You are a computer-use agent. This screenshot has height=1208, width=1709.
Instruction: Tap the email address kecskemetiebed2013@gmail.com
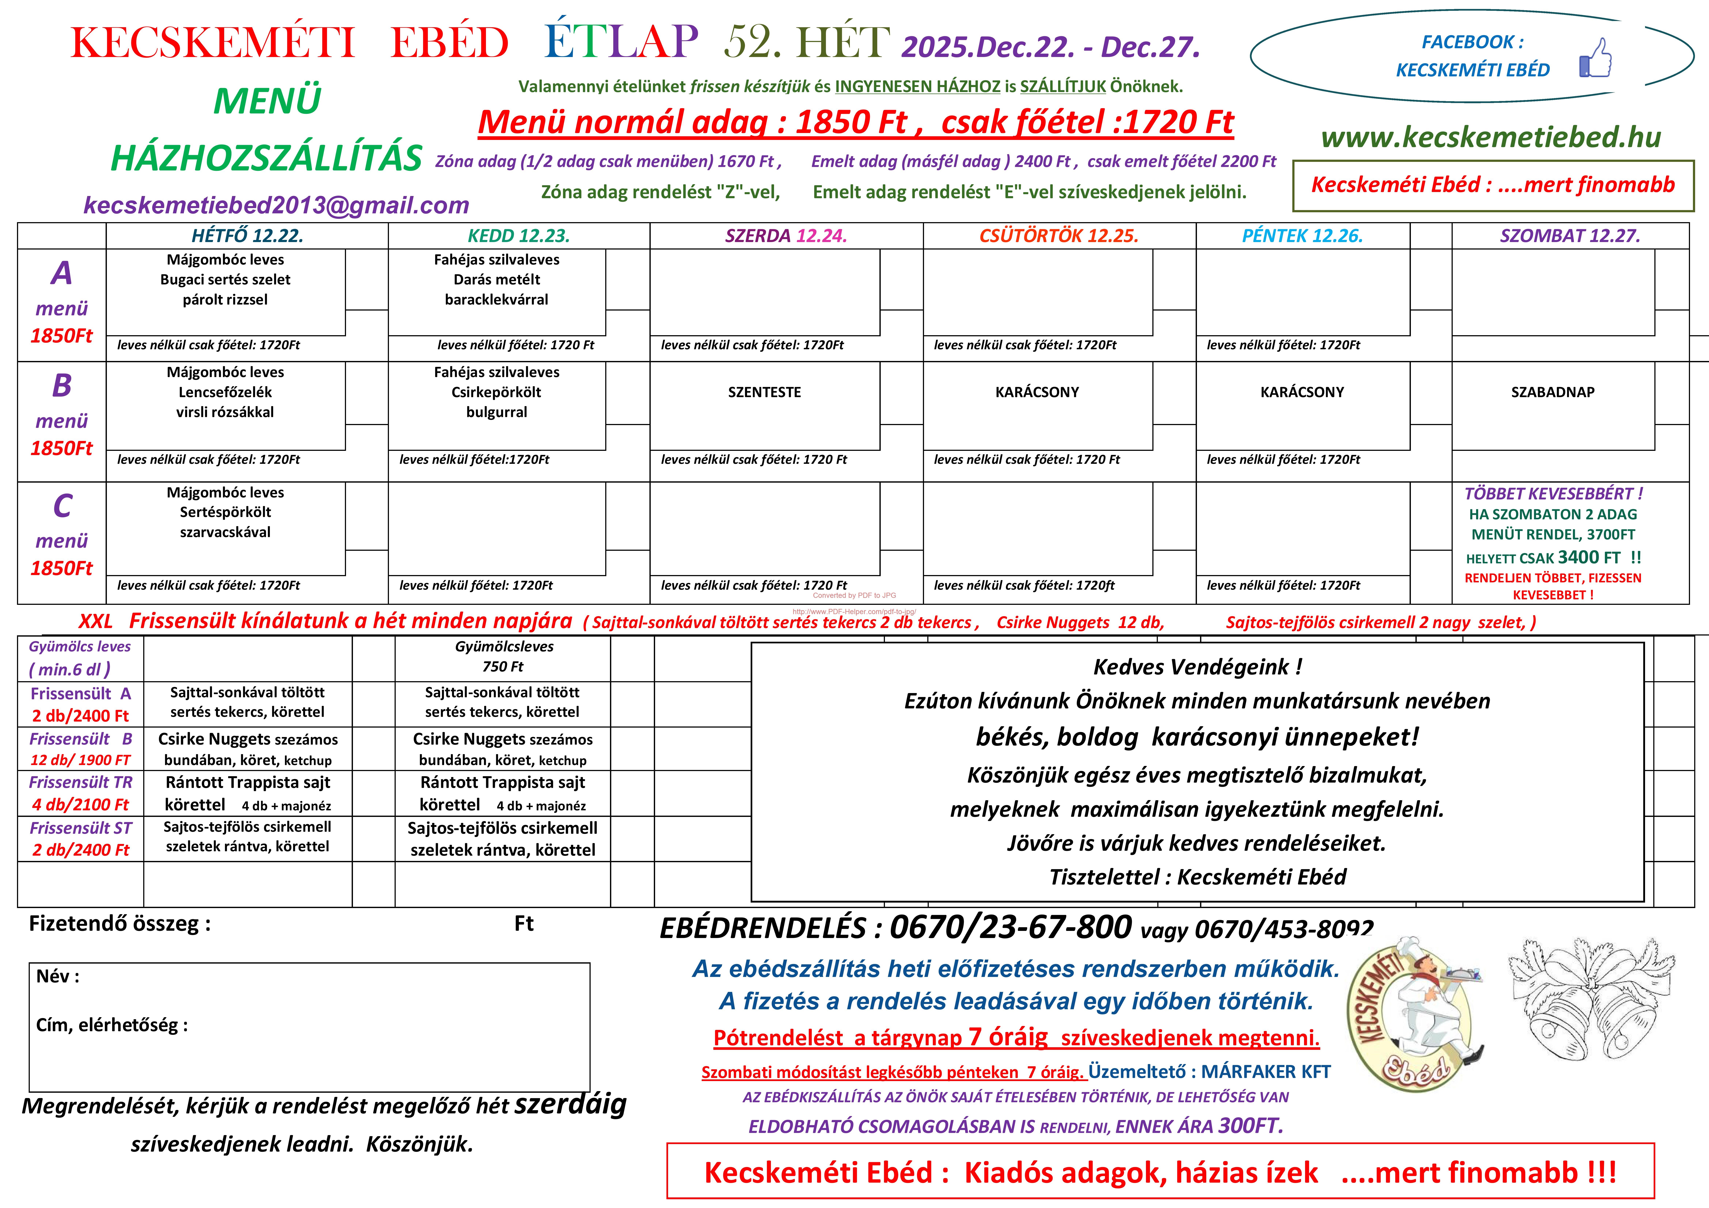(x=276, y=206)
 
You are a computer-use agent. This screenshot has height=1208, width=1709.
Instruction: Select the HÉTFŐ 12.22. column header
(x=247, y=236)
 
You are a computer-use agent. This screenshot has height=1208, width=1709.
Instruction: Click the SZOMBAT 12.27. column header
(x=1570, y=236)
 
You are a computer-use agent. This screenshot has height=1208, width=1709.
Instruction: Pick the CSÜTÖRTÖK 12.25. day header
(x=1058, y=236)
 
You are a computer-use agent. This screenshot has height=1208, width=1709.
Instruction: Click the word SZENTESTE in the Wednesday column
(x=764, y=392)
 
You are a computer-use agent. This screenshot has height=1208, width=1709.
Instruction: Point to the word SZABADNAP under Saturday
(x=1553, y=392)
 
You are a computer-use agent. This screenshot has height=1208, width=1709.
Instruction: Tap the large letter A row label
(x=62, y=273)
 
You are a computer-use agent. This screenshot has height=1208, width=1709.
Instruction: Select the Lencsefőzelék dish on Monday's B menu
(x=225, y=392)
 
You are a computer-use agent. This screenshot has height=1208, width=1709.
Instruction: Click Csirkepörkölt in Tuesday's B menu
(x=497, y=392)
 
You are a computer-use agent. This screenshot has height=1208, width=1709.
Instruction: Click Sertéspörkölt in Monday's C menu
(x=225, y=512)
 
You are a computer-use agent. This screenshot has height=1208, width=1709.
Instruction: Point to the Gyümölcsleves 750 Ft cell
(x=504, y=657)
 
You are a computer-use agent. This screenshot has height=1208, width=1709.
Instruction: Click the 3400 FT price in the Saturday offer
(x=1588, y=558)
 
